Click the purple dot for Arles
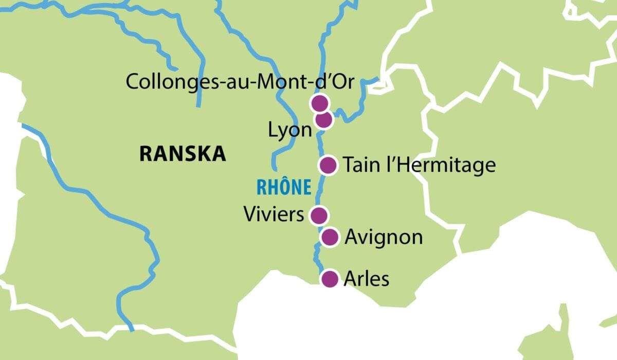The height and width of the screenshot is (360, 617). pyautogui.click(x=329, y=279)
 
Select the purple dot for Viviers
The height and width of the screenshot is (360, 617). pyautogui.click(x=319, y=214)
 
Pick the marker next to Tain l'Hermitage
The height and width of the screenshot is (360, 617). pyautogui.click(x=328, y=165)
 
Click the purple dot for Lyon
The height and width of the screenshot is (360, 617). pyautogui.click(x=323, y=120)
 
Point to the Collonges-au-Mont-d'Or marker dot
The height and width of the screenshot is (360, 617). pyautogui.click(x=319, y=103)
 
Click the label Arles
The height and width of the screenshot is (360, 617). pyautogui.click(x=367, y=279)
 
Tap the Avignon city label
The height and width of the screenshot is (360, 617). pyautogui.click(x=384, y=238)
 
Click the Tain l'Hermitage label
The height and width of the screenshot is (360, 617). pyautogui.click(x=419, y=165)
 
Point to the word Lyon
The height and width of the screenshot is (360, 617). pyautogui.click(x=290, y=130)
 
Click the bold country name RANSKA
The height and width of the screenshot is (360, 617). pyautogui.click(x=183, y=154)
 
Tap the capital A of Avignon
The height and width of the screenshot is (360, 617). pyautogui.click(x=352, y=237)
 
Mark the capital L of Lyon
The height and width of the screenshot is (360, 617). pyautogui.click(x=273, y=130)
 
